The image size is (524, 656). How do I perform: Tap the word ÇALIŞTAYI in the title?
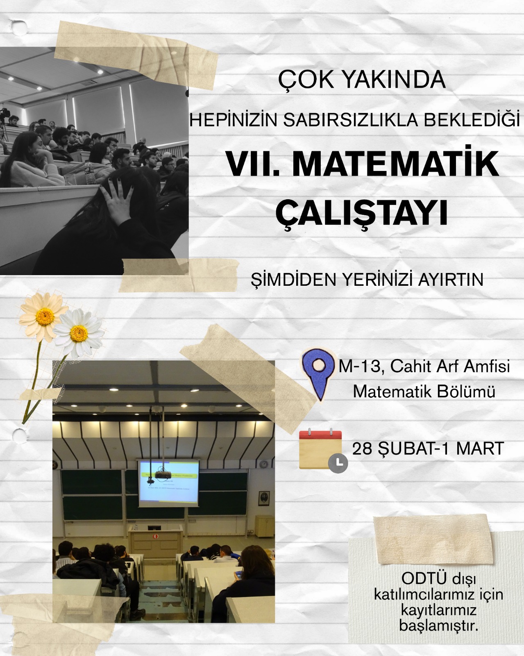362,213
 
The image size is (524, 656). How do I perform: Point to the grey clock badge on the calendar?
338,463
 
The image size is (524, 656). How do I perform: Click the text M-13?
360,366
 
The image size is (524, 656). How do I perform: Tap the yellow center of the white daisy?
79,333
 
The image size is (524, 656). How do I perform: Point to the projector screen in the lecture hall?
168,485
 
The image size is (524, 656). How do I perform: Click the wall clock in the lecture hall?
264,464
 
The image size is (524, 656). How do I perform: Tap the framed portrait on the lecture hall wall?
262,499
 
